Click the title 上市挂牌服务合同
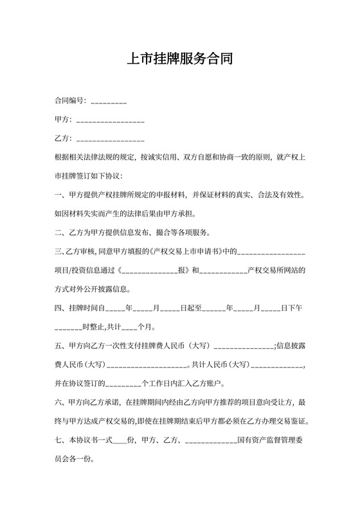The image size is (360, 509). pyautogui.click(x=179, y=59)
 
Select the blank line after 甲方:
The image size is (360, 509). pyautogui.click(x=110, y=121)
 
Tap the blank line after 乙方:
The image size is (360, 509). pyautogui.click(x=110, y=139)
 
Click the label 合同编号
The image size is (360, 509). pyautogui.click(x=69, y=101)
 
